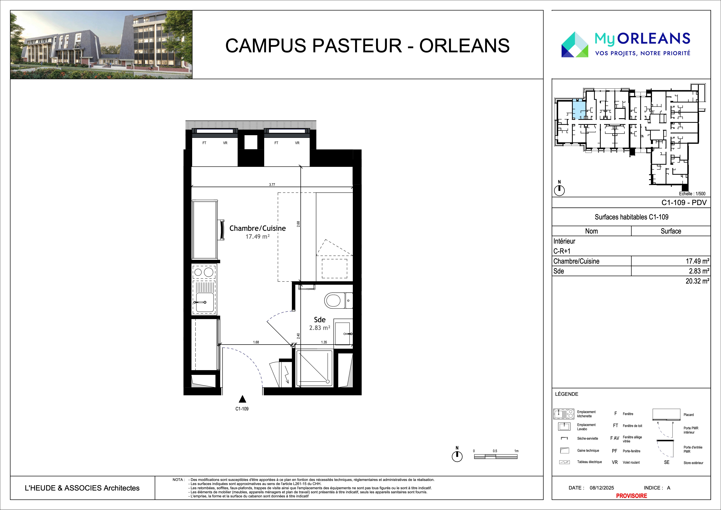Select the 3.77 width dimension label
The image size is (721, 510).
click(x=272, y=185)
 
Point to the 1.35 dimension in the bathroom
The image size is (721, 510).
click(x=324, y=342)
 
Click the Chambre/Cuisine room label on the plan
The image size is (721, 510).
click(x=257, y=228)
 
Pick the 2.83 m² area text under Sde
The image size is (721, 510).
click(x=320, y=328)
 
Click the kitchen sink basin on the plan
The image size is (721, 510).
click(x=204, y=302)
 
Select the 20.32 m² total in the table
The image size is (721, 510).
click(x=697, y=281)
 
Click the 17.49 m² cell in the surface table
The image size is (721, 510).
click(x=697, y=261)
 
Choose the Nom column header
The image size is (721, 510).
click(x=591, y=231)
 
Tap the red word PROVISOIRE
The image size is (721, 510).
click(x=631, y=496)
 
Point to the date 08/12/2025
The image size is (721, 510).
click(x=602, y=488)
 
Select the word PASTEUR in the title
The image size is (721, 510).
click(x=357, y=45)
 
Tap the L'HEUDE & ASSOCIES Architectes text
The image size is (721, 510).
click(x=82, y=488)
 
